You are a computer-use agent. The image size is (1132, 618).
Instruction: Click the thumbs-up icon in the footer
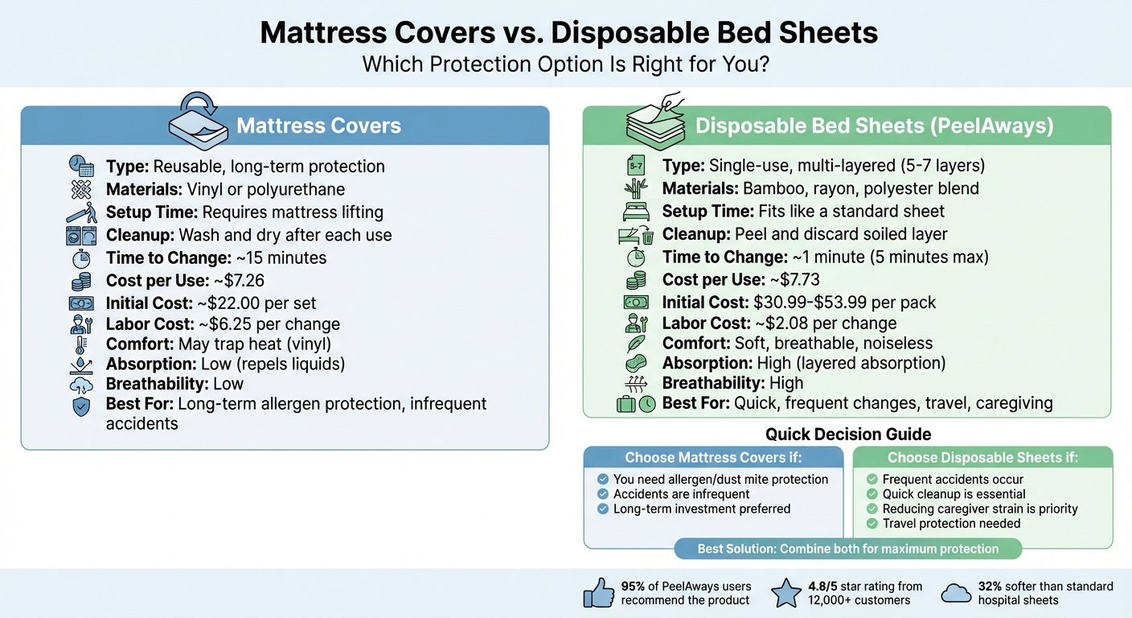pos(598,594)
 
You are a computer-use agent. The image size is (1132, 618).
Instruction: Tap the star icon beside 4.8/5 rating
pos(785,594)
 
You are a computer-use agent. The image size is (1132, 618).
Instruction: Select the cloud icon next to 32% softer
pos(955,594)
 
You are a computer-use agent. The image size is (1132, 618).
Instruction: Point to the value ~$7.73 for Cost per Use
pos(796,280)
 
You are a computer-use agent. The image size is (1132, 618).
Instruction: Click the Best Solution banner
pos(847,549)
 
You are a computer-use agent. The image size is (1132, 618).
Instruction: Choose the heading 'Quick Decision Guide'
pos(847,435)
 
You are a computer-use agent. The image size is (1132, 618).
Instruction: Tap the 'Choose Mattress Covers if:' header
pos(713,458)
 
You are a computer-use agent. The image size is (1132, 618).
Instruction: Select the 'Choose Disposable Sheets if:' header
pos(982,458)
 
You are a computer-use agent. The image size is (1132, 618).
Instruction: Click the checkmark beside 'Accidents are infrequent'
pos(603,494)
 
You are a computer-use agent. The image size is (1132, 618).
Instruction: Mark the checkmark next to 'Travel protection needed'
pos(872,523)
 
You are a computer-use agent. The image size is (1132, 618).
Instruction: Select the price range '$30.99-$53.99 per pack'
pos(844,303)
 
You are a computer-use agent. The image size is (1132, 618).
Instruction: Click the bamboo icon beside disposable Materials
pos(635,189)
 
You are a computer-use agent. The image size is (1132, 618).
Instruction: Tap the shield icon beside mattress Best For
pos(81,406)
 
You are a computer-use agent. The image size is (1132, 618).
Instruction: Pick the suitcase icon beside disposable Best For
pos(626,403)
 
